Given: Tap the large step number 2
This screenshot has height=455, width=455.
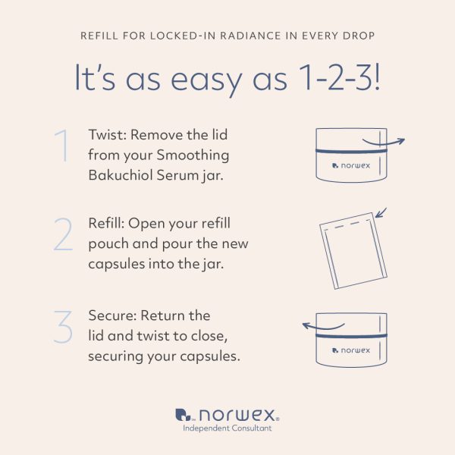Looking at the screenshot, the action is [x=63, y=234].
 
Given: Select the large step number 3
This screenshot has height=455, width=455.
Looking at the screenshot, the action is [x=63, y=327].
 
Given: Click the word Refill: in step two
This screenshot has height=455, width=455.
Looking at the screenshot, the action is [x=106, y=224].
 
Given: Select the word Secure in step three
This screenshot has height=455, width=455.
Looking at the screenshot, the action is [x=112, y=315].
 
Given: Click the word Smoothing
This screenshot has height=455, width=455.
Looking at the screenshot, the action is [x=193, y=155].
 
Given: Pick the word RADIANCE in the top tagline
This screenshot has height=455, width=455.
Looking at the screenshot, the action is [x=251, y=36].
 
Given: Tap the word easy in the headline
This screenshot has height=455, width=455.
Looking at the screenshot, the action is [x=206, y=80].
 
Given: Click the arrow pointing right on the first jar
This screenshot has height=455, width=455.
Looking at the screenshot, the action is [x=383, y=143].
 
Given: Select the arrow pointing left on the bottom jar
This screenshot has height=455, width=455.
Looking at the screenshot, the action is [x=323, y=326].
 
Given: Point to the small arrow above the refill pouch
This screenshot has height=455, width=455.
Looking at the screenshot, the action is [x=381, y=212].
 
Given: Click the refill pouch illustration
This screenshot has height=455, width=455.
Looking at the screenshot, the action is [x=353, y=251].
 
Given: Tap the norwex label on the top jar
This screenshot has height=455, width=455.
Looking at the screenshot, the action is [x=351, y=165].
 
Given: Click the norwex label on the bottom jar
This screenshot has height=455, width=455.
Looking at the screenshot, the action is [x=351, y=350].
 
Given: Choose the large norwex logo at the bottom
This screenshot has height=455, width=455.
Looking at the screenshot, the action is [x=227, y=415].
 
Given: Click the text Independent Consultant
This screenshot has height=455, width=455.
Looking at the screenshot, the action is [x=227, y=428].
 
